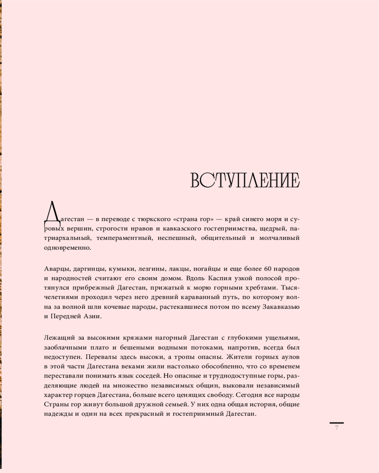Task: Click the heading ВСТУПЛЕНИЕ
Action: (245, 181)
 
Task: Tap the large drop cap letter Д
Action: (52, 212)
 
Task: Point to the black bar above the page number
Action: (336, 422)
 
